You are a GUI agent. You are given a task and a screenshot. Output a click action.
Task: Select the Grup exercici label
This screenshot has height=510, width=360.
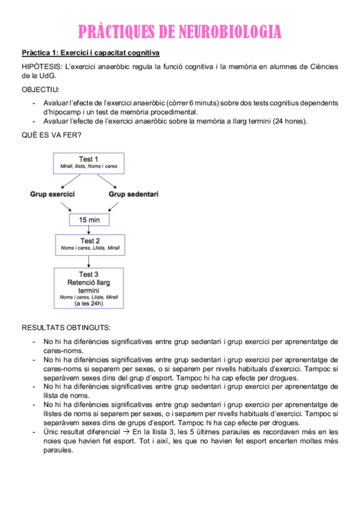(52, 194)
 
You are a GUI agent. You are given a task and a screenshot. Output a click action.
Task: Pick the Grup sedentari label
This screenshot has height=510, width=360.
(133, 194)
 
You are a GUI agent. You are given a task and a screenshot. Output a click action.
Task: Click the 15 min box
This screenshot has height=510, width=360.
(89, 220)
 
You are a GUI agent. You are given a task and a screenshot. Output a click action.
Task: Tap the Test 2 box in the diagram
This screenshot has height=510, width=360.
(89, 244)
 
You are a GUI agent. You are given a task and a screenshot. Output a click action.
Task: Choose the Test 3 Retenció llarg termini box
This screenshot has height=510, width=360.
(89, 288)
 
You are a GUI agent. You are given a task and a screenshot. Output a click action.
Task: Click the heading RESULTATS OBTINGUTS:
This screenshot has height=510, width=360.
(66, 328)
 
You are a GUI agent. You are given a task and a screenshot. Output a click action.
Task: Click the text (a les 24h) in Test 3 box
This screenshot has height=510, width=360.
(89, 304)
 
